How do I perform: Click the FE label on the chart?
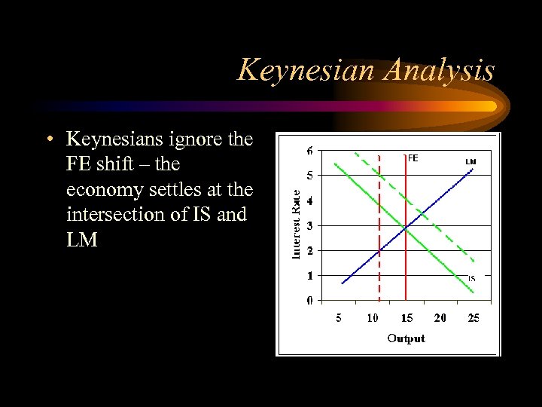413,158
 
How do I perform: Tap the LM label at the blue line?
470,161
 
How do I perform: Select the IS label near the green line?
472,278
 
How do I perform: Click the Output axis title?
406,338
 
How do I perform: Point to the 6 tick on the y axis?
310,151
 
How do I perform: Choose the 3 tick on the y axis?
310,225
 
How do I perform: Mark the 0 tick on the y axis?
310,300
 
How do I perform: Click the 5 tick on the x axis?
339,318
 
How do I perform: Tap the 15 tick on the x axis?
406,318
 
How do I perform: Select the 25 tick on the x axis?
473,318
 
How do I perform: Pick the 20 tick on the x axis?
440,318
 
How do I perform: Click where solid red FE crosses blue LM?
406,226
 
